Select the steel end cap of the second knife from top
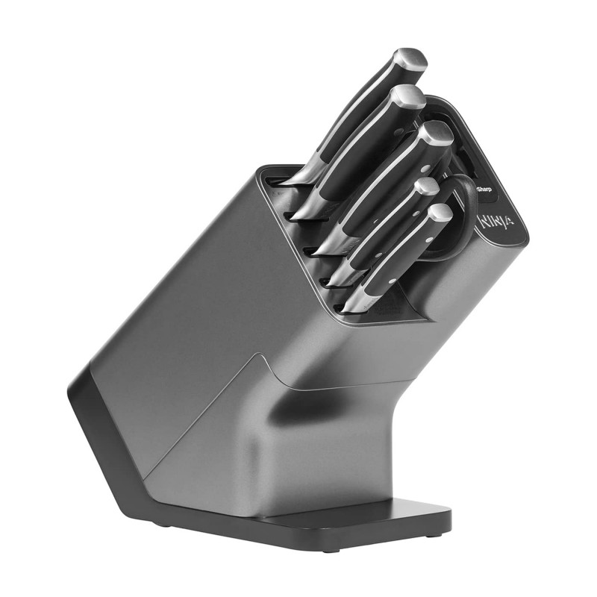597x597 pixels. coord(407,97)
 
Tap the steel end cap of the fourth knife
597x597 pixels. coord(426,187)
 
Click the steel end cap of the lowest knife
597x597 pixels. coord(440,213)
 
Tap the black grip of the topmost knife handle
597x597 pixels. coord(358,112)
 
